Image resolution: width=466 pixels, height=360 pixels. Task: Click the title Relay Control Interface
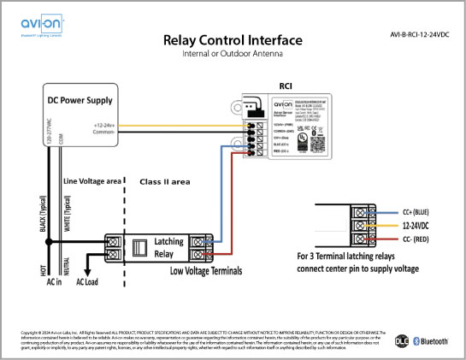[233, 41]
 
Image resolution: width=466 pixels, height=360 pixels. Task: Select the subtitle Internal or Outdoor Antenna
[233, 55]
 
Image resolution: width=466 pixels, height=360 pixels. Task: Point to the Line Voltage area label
[91, 182]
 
